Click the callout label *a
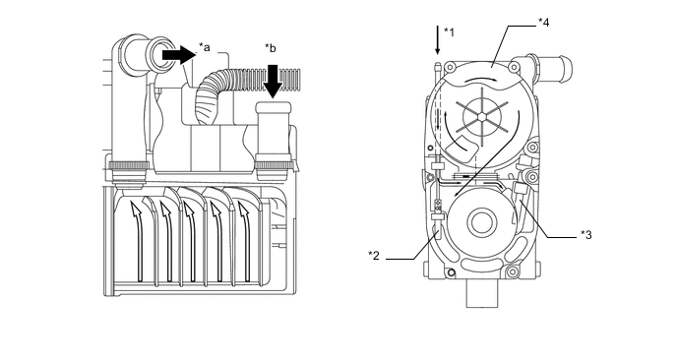[x=205, y=47]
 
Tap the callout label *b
[x=271, y=48]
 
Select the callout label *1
[x=449, y=32]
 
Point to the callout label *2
[x=374, y=256]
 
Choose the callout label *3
[x=585, y=235]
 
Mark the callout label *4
[x=543, y=23]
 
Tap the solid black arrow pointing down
[x=273, y=82]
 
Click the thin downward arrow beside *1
[x=437, y=40]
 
